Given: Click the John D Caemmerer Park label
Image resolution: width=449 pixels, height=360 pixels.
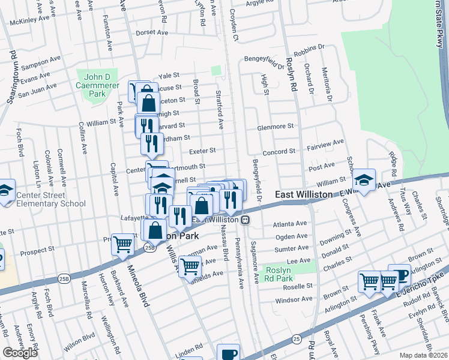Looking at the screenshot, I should click(x=100, y=82).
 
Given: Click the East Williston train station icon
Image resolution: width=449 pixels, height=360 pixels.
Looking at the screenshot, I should click(x=245, y=220).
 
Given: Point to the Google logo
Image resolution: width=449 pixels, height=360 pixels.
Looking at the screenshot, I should click(x=20, y=353).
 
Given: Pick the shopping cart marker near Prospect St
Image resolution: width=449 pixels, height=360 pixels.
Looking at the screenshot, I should click(x=123, y=245).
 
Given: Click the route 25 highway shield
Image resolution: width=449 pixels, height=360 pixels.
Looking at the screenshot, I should click(x=297, y=339).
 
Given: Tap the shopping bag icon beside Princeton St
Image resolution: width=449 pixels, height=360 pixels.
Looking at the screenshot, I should click(x=148, y=102).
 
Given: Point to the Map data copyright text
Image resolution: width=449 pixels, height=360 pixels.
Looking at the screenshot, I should click(x=423, y=355).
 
